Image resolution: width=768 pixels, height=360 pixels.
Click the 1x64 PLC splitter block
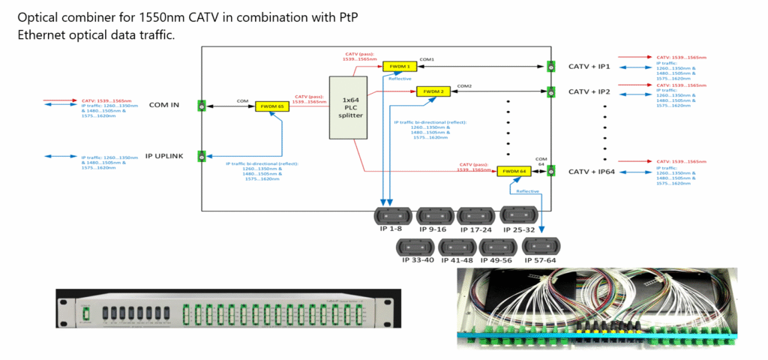click(346, 108)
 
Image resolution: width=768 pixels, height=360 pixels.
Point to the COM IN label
click(164, 105)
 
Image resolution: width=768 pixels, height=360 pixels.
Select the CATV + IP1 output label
click(590, 67)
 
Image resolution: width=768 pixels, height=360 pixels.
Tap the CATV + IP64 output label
click(592, 172)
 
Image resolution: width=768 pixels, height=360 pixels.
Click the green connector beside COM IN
click(202, 105)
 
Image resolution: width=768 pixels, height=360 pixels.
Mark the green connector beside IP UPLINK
click(202, 156)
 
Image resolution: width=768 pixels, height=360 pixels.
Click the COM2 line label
click(465, 86)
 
